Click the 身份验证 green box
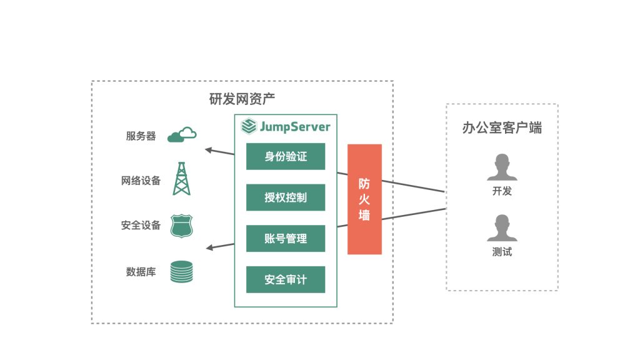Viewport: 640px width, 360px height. [x=286, y=156]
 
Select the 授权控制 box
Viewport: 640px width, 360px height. [x=286, y=197]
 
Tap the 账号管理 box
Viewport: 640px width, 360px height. [x=286, y=238]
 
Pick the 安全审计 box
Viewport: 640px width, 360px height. [x=286, y=279]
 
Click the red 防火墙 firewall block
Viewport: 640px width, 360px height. [x=364, y=199]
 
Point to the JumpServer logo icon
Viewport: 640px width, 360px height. [x=249, y=126]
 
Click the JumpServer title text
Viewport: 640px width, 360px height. [x=295, y=126]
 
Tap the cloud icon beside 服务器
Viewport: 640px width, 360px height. [x=182, y=134]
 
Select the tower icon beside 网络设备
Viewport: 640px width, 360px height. [x=182, y=179]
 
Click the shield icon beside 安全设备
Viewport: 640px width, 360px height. [x=182, y=226]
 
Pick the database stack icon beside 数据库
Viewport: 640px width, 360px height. [x=182, y=272]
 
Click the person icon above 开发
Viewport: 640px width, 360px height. [x=502, y=167]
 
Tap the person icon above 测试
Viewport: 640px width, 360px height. [x=502, y=227]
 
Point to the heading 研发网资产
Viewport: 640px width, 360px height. [x=242, y=99]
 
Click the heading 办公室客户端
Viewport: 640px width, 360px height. [x=502, y=127]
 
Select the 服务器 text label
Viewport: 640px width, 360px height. [x=141, y=136]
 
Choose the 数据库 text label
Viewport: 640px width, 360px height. [x=141, y=272]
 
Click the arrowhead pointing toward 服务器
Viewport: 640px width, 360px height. [x=208, y=150]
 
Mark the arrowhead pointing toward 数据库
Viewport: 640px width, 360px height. [x=209, y=247]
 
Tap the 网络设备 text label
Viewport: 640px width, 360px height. [x=141, y=181]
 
